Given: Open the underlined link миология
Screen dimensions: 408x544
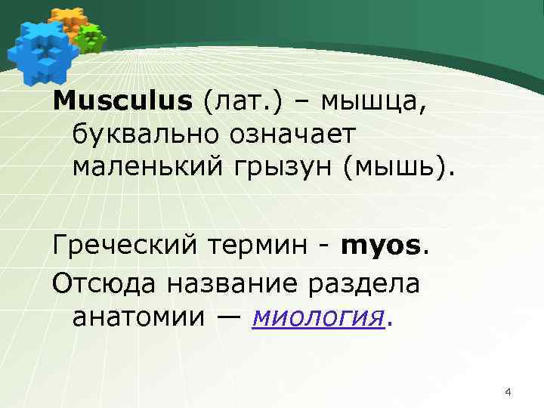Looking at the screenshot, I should click(x=318, y=317).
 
